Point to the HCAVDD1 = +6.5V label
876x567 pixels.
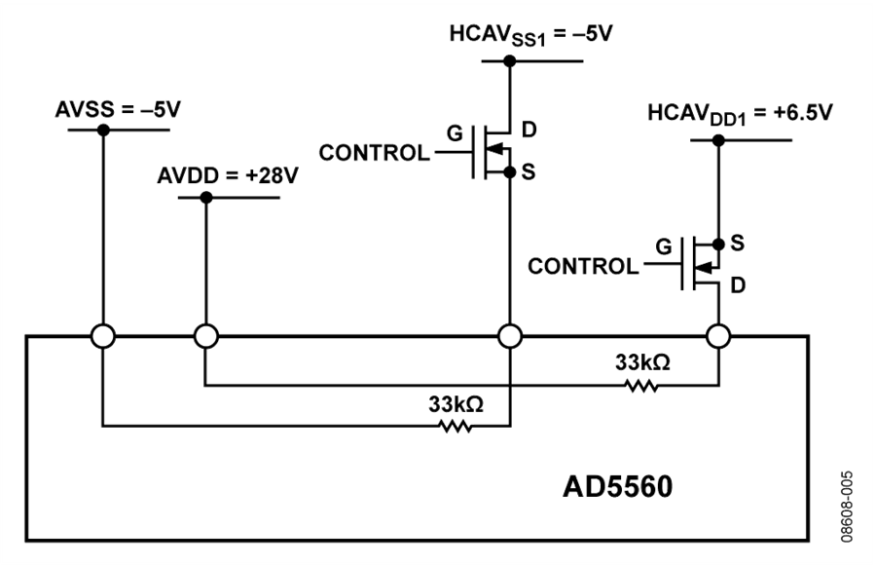[741, 114]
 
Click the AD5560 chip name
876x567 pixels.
[617, 485]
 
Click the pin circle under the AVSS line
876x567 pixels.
[103, 336]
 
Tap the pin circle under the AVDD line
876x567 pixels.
[205, 336]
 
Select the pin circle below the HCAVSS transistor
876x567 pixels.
[509, 336]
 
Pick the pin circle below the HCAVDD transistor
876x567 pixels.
[718, 336]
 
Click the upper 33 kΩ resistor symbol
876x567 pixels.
[641, 387]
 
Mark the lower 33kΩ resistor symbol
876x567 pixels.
[456, 426]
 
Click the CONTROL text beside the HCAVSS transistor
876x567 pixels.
[374, 154]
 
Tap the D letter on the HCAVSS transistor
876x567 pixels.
[529, 130]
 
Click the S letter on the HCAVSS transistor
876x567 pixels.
[529, 172]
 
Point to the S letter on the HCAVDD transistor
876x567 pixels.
[738, 240]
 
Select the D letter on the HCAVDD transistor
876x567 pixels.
[738, 283]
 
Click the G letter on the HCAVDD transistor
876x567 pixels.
[664, 246]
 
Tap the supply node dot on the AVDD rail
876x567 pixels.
[205, 198]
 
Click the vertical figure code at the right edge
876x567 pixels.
[848, 507]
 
